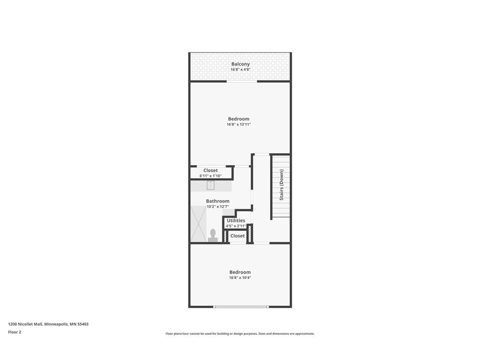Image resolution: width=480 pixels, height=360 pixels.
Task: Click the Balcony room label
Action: click(x=240, y=64)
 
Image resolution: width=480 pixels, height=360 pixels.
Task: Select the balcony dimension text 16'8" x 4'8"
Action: click(x=240, y=69)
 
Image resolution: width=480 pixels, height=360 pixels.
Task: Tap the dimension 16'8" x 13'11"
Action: click(x=239, y=124)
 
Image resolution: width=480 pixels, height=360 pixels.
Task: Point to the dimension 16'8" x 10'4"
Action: click(x=240, y=277)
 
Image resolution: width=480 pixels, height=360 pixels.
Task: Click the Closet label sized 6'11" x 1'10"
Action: click(x=210, y=171)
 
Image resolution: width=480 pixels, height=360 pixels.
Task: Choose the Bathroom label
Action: click(x=217, y=201)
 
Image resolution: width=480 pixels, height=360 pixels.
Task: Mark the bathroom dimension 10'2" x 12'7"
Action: click(x=217, y=206)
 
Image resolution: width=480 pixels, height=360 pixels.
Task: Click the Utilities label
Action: click(x=236, y=220)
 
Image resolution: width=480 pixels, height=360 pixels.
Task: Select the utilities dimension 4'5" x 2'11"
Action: click(x=236, y=226)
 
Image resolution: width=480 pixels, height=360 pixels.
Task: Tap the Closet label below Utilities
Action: click(x=237, y=236)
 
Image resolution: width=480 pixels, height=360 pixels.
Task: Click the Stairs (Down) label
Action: click(x=281, y=185)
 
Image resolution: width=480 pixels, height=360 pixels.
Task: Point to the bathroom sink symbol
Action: click(x=210, y=185)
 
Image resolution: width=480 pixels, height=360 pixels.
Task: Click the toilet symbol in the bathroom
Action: click(x=213, y=235)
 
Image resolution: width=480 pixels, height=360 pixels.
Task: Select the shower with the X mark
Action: click(x=198, y=224)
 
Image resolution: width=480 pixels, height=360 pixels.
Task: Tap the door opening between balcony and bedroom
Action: click(x=242, y=82)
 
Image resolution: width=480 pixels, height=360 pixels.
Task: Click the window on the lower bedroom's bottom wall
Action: click(x=241, y=307)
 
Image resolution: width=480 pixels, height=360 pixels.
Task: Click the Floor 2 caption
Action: click(x=15, y=332)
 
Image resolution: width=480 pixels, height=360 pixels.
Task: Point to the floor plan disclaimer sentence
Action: click(x=240, y=334)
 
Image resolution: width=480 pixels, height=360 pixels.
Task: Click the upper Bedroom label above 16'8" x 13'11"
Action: click(x=239, y=119)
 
